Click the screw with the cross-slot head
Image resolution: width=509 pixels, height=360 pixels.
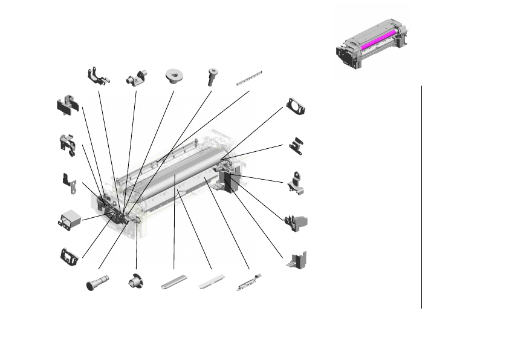[212, 76]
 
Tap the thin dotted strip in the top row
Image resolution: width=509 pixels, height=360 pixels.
[250, 79]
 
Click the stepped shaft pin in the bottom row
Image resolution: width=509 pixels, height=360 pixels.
[98, 283]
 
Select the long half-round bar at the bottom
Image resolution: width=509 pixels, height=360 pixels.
[174, 283]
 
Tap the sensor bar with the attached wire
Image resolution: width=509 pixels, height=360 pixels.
[249, 283]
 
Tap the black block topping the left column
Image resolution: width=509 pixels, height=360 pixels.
[67, 106]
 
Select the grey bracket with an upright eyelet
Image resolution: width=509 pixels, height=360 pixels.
[297, 182]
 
